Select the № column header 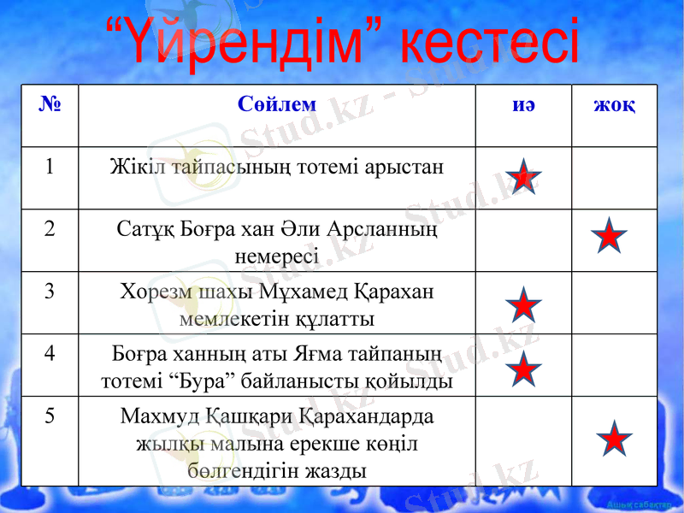coord(50,105)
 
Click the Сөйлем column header coord(277,104)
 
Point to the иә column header coord(523,104)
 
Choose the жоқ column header coord(614,104)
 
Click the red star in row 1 coord(523,177)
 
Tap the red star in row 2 coord(609,236)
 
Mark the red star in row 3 coord(523,306)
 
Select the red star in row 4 coord(523,369)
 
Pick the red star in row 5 coord(614,438)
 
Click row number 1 coord(50,167)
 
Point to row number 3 coord(50,292)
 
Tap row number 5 coord(50,416)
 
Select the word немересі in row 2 coord(276,256)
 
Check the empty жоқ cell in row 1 coord(614,178)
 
